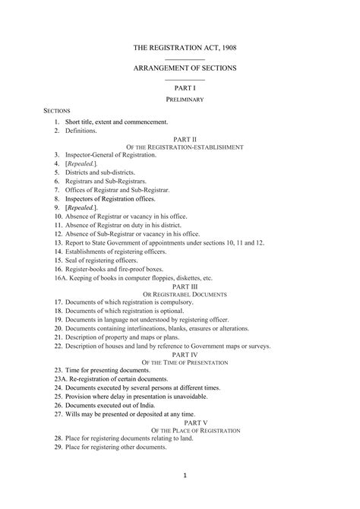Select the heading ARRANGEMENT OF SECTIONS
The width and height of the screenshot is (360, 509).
185,68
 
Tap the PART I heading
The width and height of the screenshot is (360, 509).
185,89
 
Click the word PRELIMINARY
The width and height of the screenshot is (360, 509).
185,100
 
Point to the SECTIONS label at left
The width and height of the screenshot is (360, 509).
57,111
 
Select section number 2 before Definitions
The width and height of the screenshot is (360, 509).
56,131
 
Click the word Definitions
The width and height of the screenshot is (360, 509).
81,131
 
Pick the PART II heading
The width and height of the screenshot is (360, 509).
185,140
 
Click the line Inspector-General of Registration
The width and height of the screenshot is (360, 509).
110,155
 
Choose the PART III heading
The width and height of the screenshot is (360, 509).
185,286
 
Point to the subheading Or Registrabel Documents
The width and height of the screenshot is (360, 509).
185,293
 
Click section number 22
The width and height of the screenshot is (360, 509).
57,346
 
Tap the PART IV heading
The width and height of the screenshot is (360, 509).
185,354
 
